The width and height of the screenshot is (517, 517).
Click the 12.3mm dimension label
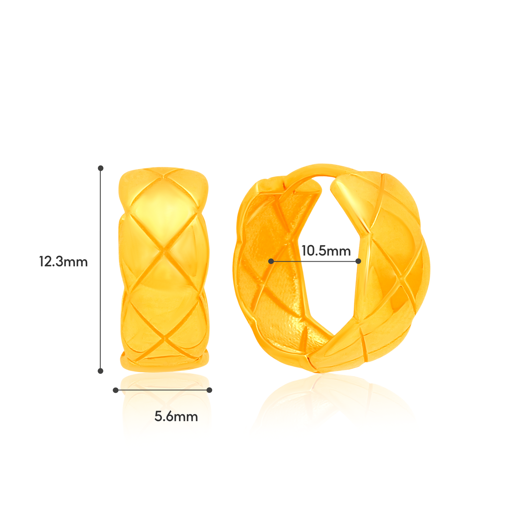tap(63, 262)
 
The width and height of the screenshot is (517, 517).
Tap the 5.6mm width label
tap(176, 416)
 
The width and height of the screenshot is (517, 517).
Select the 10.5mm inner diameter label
tap(326, 251)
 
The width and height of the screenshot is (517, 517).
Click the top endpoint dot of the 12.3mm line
tap(101, 168)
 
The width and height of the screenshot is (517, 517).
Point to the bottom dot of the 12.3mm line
tap(101, 371)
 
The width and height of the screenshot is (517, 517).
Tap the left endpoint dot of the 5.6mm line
tap(116, 390)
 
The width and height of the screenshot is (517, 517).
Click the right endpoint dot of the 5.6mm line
tap(210, 390)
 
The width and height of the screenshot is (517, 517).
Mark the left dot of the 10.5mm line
tap(271, 261)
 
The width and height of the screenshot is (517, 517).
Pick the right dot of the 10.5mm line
tap(359, 261)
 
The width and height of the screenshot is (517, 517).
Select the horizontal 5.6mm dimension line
tap(163, 390)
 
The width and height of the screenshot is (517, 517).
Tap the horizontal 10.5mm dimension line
tap(315, 261)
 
